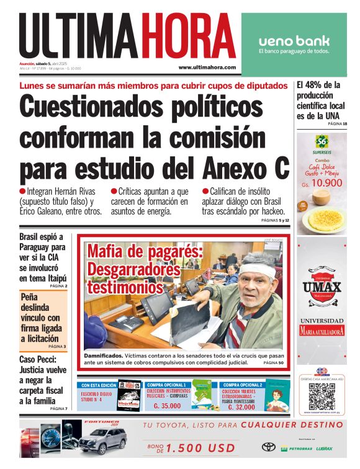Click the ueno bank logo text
(294, 41)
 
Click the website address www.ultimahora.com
(207, 67)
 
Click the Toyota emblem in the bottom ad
(268, 447)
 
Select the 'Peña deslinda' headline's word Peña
(32, 297)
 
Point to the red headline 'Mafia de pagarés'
(144, 252)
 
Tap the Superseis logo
(321, 143)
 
